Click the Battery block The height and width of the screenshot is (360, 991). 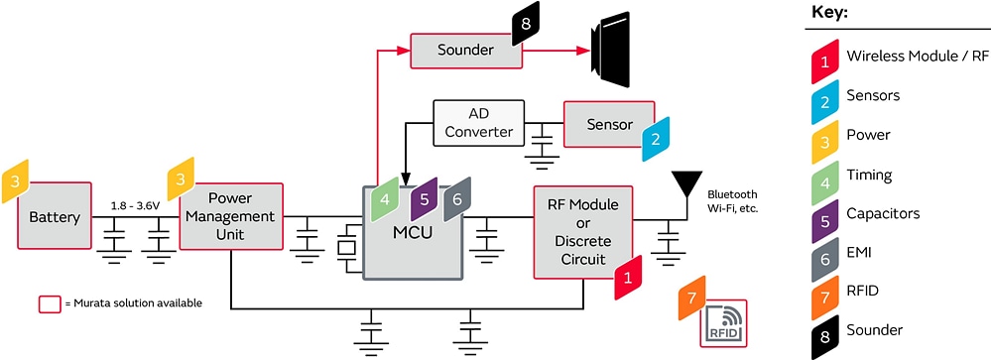pos(47,217)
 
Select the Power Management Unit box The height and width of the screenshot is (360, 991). pos(231,216)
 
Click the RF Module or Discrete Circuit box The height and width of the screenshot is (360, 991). pos(582,231)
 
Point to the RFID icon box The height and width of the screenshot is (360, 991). pos(723,320)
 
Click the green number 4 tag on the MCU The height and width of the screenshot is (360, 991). pos(384,198)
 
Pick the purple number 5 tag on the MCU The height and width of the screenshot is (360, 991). pos(424,197)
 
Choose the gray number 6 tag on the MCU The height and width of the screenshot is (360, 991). pos(456,198)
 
